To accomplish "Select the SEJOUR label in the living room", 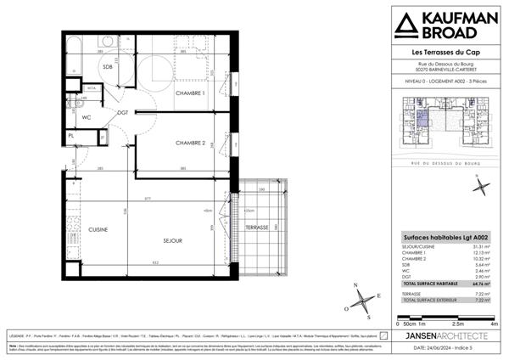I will coord(174,241).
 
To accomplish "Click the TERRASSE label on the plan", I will coord(257,228).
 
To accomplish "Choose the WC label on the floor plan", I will coord(86,118).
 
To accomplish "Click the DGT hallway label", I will coord(122,112).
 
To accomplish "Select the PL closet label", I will coord(71,136).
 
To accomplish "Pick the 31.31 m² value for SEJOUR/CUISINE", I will coord(489,246).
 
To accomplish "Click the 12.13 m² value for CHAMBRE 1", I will coord(489,253).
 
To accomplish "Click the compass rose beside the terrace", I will coord(362,298).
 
